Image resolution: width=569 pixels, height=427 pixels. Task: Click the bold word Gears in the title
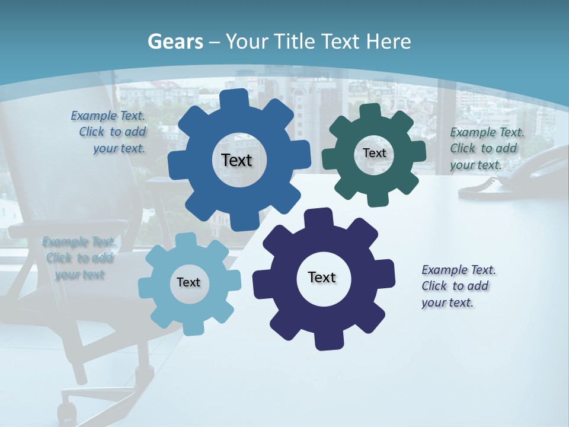pyautogui.click(x=175, y=42)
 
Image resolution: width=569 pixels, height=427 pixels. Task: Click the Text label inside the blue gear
pyautogui.click(x=236, y=160)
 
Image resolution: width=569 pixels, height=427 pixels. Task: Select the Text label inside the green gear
pyautogui.click(x=374, y=153)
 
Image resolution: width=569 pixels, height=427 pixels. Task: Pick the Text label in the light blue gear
pyautogui.click(x=188, y=282)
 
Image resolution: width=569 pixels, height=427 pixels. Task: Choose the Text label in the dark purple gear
pyautogui.click(x=322, y=277)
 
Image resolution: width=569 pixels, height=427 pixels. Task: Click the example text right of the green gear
pyautogui.click(x=486, y=149)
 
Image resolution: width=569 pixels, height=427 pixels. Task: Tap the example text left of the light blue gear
pyautogui.click(x=79, y=258)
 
